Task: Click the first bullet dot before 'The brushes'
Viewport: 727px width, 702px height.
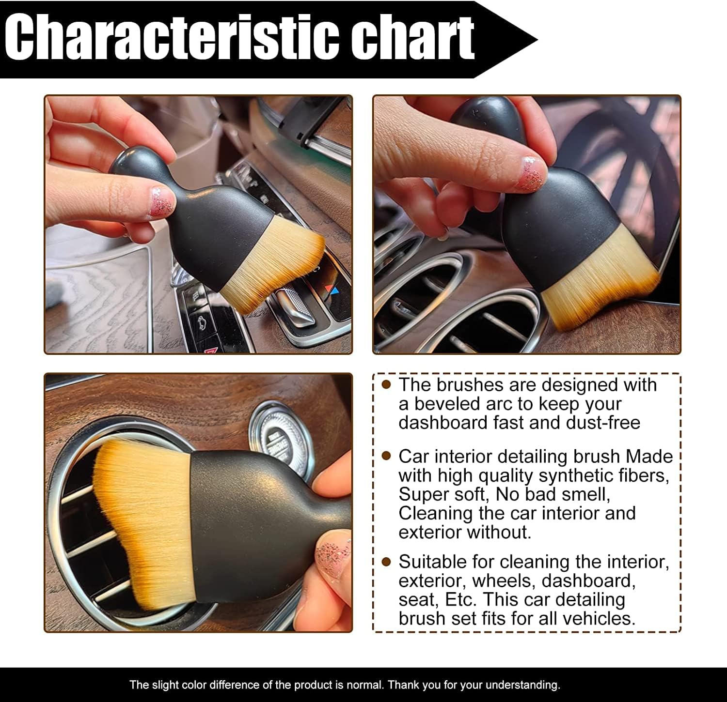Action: [x=386, y=385]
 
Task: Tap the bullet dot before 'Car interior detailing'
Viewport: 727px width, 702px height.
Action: [x=386, y=456]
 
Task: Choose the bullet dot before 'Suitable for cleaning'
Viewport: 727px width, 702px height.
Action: [x=386, y=562]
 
